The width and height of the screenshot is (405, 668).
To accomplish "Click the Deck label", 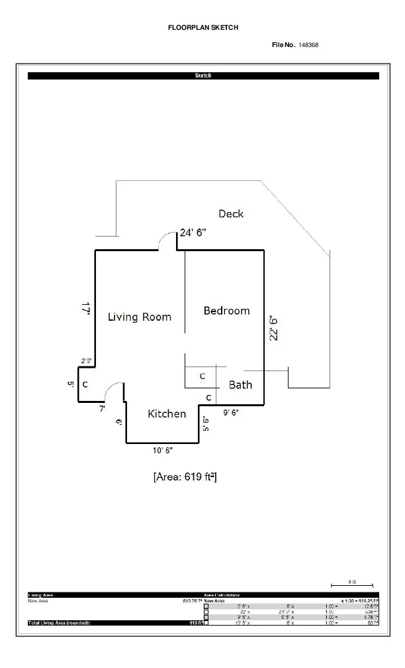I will click(231, 213).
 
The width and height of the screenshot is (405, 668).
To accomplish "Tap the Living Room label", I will click(140, 317).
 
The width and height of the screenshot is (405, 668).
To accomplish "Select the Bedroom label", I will click(226, 310).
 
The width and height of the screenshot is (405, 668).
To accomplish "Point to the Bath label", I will click(240, 384).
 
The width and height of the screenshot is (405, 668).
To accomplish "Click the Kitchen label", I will click(167, 414).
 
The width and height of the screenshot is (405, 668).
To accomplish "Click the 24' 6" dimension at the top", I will click(194, 233).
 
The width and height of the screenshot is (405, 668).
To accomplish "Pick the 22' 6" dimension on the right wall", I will click(274, 327).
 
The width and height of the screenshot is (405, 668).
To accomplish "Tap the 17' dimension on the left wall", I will click(85, 308).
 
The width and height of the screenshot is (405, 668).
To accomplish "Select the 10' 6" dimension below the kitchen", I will click(162, 451).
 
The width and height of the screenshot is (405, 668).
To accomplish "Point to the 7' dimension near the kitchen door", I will click(102, 409).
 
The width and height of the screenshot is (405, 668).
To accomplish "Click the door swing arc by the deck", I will click(168, 243).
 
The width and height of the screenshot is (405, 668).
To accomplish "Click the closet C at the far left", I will click(85, 384).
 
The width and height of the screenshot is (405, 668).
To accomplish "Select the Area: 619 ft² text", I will click(185, 476).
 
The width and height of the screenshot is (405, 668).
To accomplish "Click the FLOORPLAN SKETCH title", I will click(203, 28).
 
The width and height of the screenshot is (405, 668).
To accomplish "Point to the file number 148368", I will click(309, 44).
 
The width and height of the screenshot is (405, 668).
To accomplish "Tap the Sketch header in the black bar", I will click(203, 76).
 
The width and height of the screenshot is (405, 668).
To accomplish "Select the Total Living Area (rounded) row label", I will click(58, 623).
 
